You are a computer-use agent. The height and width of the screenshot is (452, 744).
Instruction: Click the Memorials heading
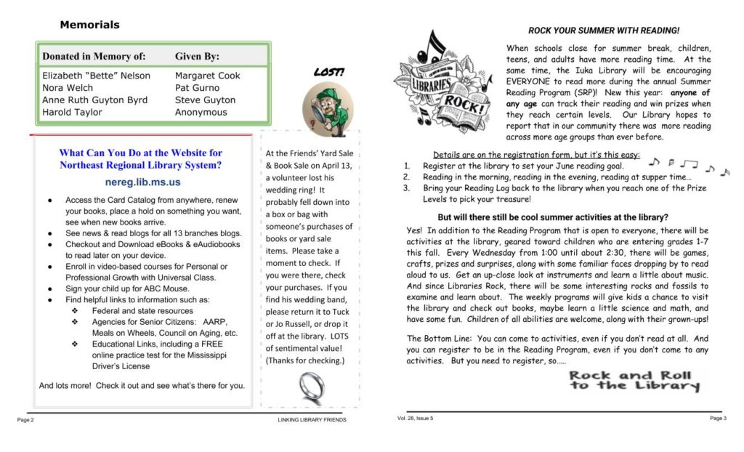pos(89,25)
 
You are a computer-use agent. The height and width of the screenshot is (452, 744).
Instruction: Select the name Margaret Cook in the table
pos(207,76)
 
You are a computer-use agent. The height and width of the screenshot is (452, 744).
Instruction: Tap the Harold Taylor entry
pos(72,113)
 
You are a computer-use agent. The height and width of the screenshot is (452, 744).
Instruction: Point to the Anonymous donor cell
pos(201,113)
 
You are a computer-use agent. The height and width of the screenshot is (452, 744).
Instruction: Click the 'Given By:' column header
pos(197,56)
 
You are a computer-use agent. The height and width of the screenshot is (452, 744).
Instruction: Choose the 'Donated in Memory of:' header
pos(94,56)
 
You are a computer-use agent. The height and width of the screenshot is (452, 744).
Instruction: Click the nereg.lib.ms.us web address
pos(142,182)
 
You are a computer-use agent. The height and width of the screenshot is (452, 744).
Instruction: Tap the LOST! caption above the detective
pos(328,72)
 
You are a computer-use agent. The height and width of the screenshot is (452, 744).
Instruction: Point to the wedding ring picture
pos(311,387)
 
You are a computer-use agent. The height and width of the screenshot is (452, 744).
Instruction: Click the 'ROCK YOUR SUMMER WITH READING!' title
pos(604,31)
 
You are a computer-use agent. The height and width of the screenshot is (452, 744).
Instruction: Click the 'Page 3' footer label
pos(718,418)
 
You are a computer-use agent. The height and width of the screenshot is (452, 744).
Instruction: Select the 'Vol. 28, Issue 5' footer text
pos(416,418)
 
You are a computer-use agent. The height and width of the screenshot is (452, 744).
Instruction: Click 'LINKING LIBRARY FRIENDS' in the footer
pos(312,419)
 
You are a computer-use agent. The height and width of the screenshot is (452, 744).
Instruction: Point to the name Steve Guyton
pos(205,100)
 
